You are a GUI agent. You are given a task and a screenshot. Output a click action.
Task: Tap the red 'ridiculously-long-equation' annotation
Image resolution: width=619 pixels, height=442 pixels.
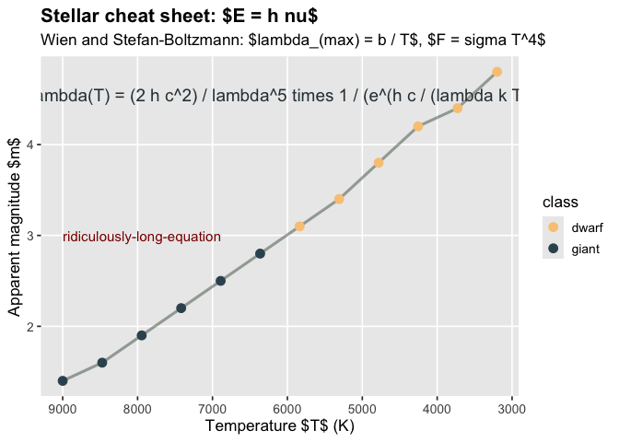point(142,237)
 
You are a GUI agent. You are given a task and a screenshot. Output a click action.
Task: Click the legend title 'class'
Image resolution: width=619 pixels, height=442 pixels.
point(560,202)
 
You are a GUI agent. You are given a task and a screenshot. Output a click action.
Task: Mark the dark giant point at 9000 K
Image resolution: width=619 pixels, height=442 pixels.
point(63,380)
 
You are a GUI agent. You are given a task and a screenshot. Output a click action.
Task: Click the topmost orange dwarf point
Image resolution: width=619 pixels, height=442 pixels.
point(496,72)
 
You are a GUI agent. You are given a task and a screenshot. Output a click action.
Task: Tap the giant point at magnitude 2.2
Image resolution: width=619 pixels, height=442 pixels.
point(181,308)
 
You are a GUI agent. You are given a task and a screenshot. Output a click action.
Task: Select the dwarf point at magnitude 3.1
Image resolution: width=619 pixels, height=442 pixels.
point(299,226)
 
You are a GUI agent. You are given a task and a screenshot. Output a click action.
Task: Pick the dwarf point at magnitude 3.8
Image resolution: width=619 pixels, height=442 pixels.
point(379,162)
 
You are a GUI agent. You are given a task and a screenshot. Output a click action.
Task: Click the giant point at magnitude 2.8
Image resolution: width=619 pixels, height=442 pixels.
point(260,253)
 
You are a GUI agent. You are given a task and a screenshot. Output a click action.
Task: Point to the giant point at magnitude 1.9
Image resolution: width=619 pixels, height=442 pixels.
point(142,335)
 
